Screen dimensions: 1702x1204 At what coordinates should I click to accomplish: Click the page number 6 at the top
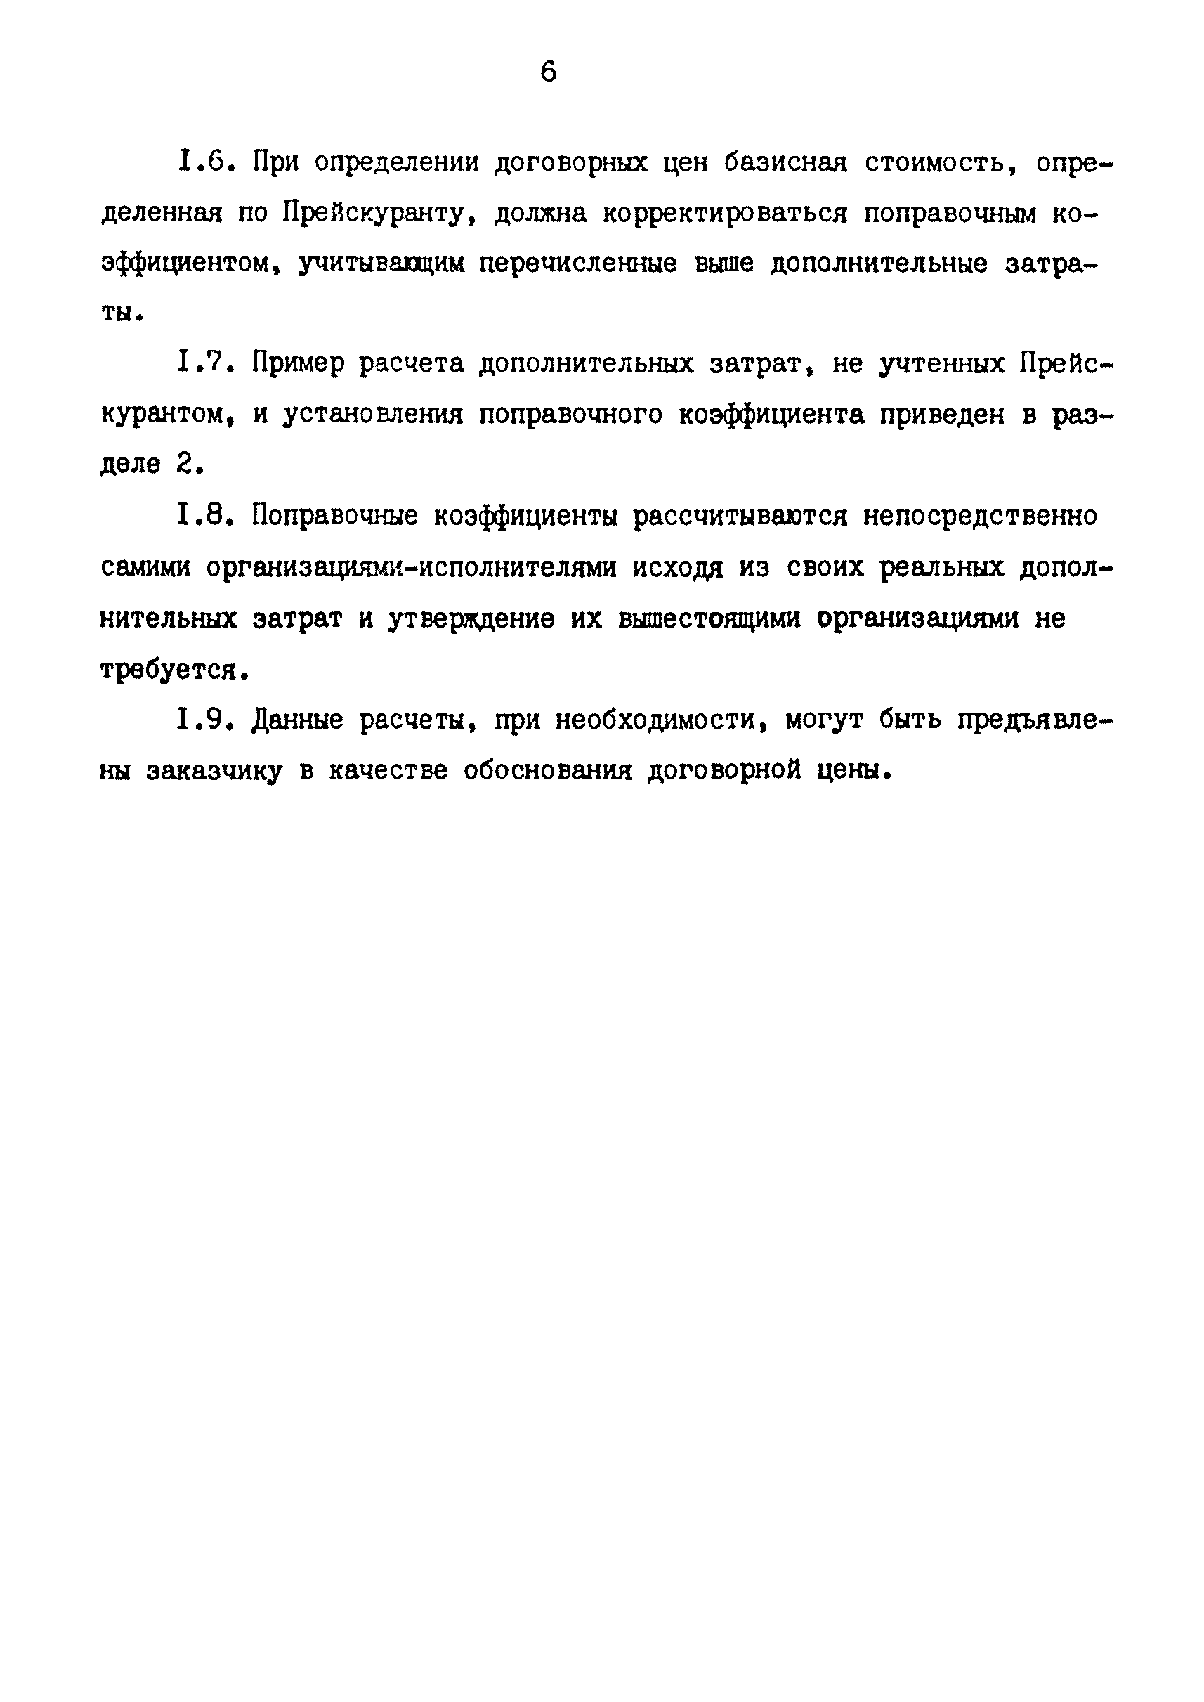548,72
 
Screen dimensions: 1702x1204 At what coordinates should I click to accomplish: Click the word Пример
297,364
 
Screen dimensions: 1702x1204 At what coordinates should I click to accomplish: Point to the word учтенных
941,364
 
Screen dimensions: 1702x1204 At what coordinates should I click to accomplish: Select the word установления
372,415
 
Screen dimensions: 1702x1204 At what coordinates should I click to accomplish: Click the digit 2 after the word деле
185,465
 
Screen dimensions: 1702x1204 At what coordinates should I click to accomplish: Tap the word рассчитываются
739,514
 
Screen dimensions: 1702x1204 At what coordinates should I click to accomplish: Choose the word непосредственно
979,514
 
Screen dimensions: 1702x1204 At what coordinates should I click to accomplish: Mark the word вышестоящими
709,618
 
